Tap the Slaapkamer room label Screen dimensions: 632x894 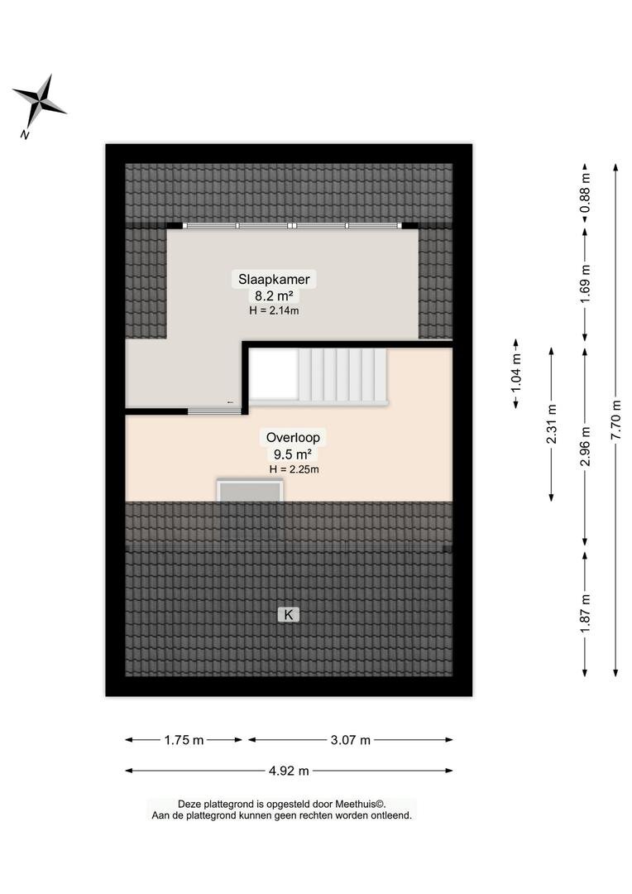[274, 280]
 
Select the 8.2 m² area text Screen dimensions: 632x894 [274, 296]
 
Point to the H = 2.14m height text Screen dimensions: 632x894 [274, 310]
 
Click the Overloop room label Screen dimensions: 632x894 [293, 438]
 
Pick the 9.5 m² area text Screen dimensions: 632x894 [293, 454]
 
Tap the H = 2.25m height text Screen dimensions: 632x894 [294, 469]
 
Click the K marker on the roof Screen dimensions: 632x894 [289, 614]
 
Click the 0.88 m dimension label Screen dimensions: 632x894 [586, 193]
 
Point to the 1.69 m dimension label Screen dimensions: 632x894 [586, 285]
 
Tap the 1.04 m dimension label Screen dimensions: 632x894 [516, 372]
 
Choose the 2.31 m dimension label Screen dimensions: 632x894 [552, 424]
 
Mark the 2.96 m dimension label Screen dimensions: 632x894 [586, 446]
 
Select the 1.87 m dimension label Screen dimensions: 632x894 [586, 613]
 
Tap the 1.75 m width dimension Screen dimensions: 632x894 [184, 740]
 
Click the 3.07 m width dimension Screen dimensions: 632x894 [351, 740]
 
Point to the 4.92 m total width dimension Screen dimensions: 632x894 [289, 771]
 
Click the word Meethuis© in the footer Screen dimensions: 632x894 [360, 804]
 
